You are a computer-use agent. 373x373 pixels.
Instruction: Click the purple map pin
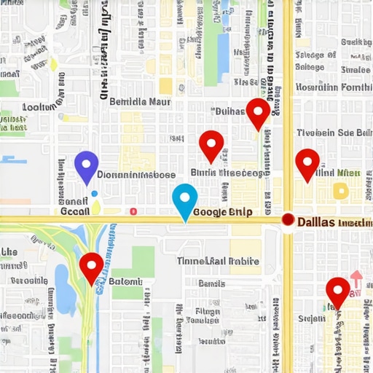click(x=87, y=165)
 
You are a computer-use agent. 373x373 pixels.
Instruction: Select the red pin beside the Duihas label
click(x=258, y=113)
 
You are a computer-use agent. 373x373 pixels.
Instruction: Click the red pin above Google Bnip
click(x=211, y=145)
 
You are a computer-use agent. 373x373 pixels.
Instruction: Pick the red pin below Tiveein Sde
click(x=307, y=162)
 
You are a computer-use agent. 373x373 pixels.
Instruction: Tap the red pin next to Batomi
click(x=91, y=267)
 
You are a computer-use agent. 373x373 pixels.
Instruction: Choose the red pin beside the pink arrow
click(x=337, y=291)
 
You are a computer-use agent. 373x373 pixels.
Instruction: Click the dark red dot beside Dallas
click(x=288, y=219)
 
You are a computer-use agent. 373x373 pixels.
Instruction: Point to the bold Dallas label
click(x=316, y=220)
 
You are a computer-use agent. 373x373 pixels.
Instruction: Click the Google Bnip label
click(x=224, y=213)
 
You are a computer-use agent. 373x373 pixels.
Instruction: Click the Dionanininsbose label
click(x=136, y=175)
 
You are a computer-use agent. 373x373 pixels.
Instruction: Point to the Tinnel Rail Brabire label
click(x=218, y=261)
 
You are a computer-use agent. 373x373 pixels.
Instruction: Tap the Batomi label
click(x=127, y=281)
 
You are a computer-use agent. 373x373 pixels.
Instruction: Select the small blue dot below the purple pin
click(x=94, y=194)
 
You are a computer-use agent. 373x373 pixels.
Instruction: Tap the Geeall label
click(x=74, y=210)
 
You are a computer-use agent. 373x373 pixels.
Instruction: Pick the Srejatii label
click(x=311, y=318)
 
